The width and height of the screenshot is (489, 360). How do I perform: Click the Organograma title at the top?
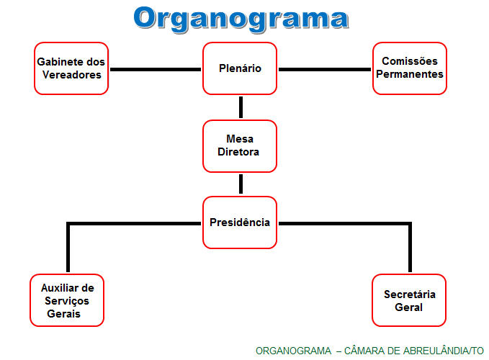pos(241,19)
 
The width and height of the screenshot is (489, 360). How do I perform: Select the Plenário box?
pos(240,68)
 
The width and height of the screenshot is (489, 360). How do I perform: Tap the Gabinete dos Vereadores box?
pos(71,68)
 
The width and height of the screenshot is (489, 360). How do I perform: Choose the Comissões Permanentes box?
pos(410,68)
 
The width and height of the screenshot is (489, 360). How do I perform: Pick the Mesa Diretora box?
pos(240,145)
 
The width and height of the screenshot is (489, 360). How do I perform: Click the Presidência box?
pos(240,222)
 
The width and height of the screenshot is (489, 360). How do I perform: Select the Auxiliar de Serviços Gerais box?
pos(68,300)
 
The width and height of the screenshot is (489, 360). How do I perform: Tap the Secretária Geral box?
pos(410,300)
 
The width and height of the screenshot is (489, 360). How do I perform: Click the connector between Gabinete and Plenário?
pos(155,70)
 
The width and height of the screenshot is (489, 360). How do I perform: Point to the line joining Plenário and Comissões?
pos(325,70)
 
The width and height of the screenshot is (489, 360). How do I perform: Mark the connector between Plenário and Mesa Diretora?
pos(241,107)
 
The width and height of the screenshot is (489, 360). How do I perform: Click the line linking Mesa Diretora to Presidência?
pos(241,184)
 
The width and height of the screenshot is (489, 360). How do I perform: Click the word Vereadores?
pos(71,75)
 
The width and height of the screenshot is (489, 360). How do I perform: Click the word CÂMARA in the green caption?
pos(365,351)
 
